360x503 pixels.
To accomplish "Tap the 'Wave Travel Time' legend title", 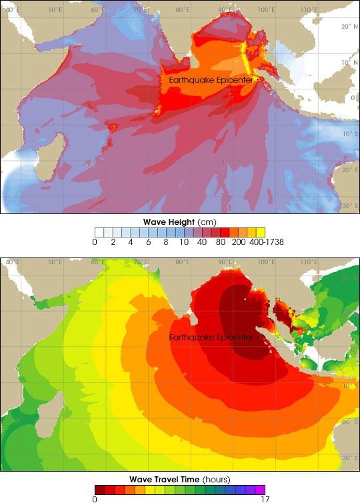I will [180, 478].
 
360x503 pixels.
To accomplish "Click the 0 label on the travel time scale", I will [97, 498].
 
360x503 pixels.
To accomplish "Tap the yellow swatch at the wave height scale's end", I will [261, 232].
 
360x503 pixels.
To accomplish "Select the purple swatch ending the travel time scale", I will [260, 488].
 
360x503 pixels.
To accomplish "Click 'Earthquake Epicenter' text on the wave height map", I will [209, 79].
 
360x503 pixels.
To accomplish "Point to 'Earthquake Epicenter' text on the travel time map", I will [211, 338].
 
